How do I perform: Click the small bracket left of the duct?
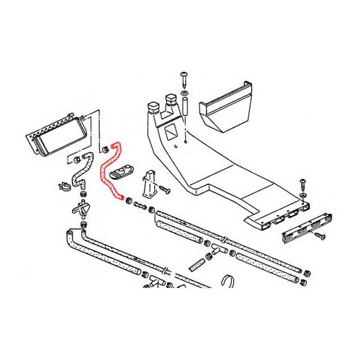pos(151,184)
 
